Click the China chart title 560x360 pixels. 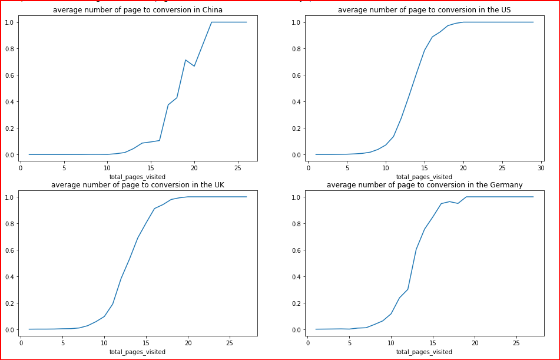(x=138, y=10)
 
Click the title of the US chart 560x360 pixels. (x=424, y=10)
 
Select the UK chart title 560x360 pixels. (x=138, y=185)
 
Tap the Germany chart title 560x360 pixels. (x=424, y=185)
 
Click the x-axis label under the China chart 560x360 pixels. (x=137, y=177)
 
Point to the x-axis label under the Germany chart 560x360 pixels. (x=424, y=352)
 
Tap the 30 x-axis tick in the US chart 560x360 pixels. (x=541, y=167)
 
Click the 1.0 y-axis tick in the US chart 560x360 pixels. (x=297, y=22)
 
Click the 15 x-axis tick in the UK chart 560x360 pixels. (x=146, y=342)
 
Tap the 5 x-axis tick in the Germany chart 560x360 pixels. (x=349, y=342)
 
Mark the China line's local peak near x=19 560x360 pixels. (x=185, y=60)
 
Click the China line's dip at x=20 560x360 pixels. (x=194, y=66)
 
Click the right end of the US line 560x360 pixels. (x=533, y=22)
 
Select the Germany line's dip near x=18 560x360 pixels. (x=458, y=203)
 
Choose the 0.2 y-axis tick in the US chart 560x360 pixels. (x=297, y=128)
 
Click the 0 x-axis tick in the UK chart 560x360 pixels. (x=21, y=342)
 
